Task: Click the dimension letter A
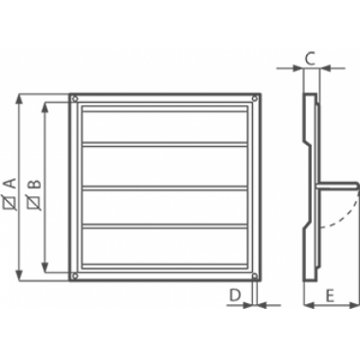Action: [9, 182]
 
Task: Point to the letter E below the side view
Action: [330, 297]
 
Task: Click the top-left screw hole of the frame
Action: [74, 99]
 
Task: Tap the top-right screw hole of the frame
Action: [253, 99]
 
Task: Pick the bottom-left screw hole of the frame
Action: [74, 276]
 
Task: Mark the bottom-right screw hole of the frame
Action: [253, 276]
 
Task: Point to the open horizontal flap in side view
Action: [341, 187]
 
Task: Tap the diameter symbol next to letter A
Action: [9, 203]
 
